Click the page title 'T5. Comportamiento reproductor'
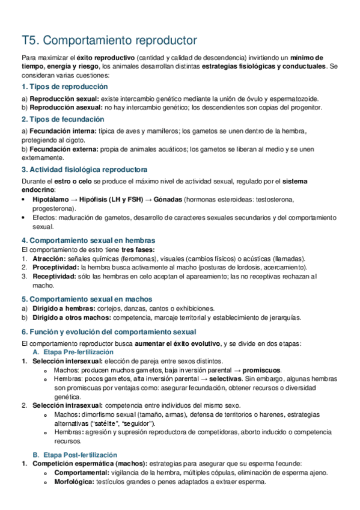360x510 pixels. click(x=109, y=40)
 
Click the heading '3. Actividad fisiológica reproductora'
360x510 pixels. click(x=84, y=169)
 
